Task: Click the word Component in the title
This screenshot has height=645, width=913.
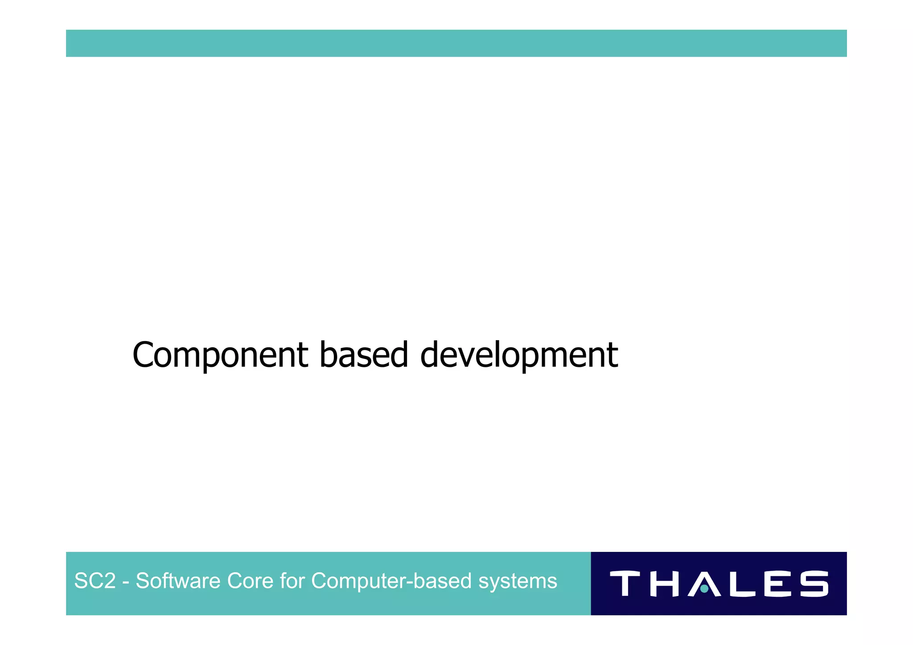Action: coord(220,355)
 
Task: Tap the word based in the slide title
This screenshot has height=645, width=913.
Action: coord(363,355)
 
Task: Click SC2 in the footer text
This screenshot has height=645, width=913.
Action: coord(95,581)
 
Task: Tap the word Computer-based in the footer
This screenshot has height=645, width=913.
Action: coord(391,581)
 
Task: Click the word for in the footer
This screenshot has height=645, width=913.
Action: coord(292,581)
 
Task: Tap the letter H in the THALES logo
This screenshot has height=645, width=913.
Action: coord(665,583)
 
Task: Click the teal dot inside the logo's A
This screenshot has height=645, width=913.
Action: coord(704,589)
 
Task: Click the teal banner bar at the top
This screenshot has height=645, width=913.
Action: coord(456,43)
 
